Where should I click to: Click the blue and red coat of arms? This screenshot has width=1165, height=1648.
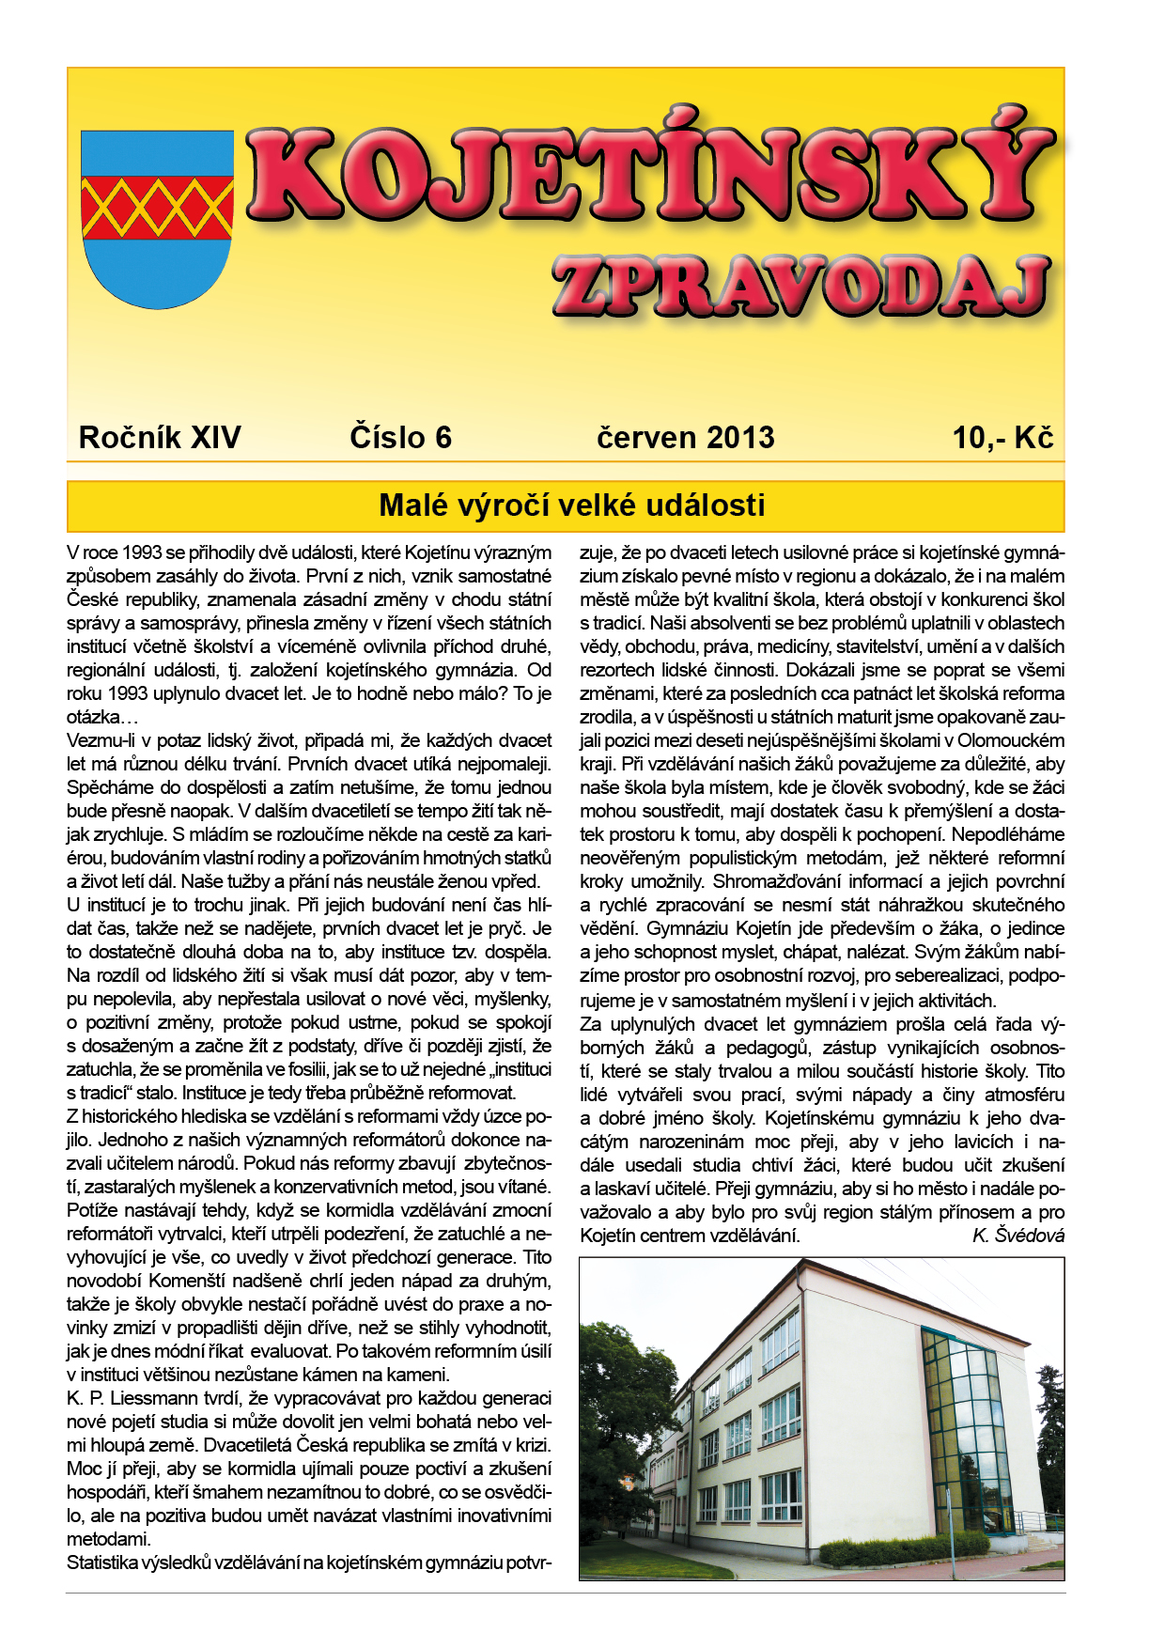(x=157, y=218)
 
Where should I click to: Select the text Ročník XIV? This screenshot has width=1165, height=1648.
(x=160, y=438)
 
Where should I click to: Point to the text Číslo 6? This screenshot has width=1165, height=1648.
(x=400, y=438)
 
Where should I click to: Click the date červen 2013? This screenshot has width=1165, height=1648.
(x=685, y=438)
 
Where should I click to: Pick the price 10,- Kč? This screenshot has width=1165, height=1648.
(x=1002, y=438)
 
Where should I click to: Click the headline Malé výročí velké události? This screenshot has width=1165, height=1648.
(x=571, y=505)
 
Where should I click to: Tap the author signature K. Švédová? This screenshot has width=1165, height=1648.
(x=1018, y=1236)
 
